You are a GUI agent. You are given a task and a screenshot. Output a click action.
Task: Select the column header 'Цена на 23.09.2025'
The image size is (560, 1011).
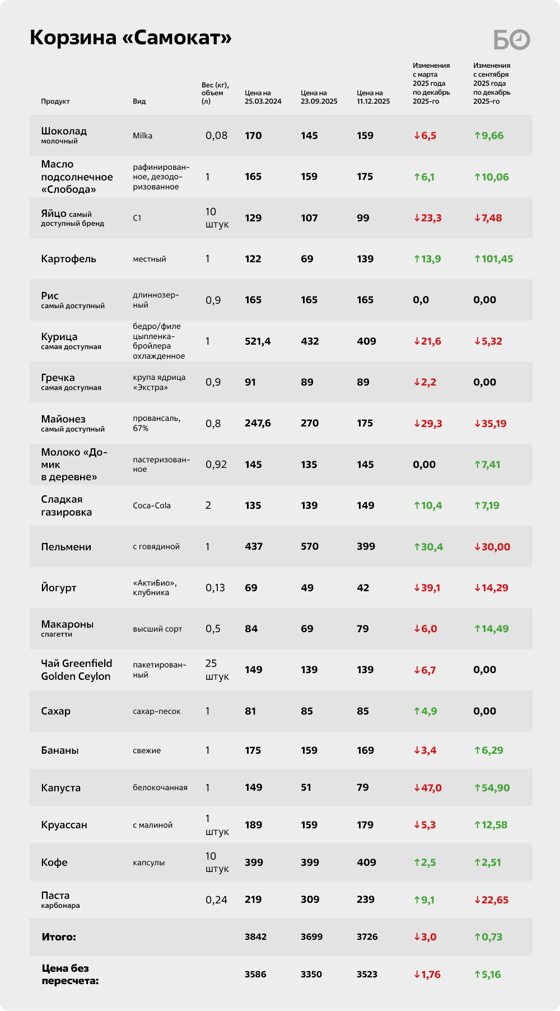[319, 97]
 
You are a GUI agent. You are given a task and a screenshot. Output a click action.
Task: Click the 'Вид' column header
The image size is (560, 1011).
[139, 101]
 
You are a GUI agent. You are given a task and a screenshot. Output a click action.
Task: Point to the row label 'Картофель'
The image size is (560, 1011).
[68, 259]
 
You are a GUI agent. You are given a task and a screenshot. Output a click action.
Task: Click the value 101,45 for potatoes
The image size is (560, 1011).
[493, 259]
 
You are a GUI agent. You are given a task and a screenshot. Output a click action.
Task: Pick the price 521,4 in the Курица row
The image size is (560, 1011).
[258, 341]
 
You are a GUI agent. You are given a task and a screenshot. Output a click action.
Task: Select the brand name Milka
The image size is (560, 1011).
[142, 136]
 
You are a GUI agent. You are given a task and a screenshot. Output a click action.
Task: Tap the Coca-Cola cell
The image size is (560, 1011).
[152, 505]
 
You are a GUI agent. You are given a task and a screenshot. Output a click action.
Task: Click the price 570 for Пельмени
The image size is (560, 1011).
[309, 546]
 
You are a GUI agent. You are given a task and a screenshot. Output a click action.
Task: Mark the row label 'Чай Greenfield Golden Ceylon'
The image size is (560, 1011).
[76, 670]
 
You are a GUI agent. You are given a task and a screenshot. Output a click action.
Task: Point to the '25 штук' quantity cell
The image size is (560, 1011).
[217, 670]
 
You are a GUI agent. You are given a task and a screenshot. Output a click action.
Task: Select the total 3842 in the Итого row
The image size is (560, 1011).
[255, 937]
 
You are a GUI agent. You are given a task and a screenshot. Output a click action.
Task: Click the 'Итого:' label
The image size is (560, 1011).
[59, 937]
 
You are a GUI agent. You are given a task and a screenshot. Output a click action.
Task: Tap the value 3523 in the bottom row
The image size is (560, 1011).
[367, 975]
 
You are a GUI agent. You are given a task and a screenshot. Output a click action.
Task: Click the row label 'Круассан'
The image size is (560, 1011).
[64, 825]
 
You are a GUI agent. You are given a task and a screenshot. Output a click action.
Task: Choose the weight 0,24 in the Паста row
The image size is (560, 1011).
[216, 900]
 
